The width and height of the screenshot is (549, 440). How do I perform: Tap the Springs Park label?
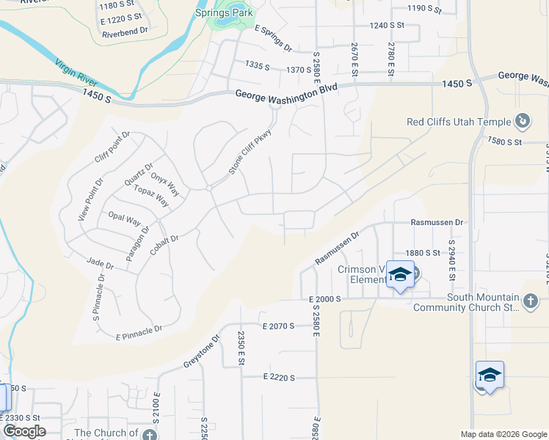(x=223, y=12)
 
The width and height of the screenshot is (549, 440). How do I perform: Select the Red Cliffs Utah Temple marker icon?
(x=523, y=120)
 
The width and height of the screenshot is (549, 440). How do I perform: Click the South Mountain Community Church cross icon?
(x=531, y=300)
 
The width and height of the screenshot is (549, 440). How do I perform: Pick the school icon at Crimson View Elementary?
(x=400, y=276)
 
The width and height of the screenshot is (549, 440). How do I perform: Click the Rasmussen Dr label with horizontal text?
(x=438, y=221)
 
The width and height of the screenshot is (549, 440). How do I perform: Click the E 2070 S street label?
(x=278, y=325)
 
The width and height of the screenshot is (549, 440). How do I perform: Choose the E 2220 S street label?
(x=278, y=378)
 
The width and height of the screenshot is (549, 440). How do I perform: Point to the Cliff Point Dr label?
(x=112, y=147)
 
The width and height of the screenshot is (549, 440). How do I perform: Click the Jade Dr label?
(x=100, y=263)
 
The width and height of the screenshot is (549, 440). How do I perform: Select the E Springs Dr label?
(x=273, y=38)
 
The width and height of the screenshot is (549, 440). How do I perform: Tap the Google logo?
(x=23, y=431)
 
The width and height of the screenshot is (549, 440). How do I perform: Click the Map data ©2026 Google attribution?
(x=503, y=434)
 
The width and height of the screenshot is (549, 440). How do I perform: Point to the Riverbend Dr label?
(x=126, y=34)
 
